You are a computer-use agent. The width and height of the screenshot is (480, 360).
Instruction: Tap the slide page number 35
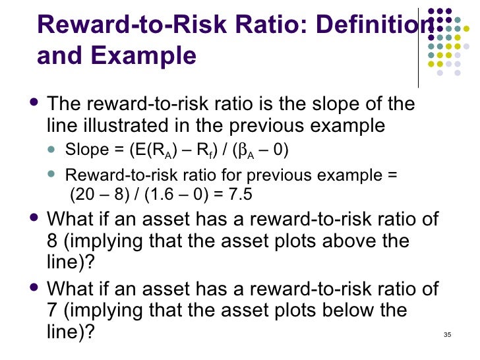pos(448,335)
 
